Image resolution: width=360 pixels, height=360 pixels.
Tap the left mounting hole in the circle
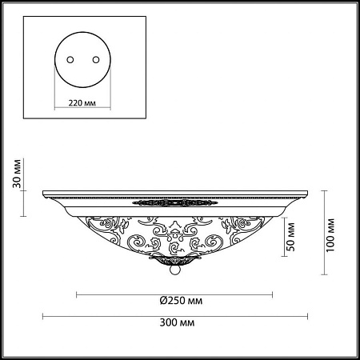tap(70, 61)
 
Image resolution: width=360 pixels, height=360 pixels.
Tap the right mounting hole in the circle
tap(97, 61)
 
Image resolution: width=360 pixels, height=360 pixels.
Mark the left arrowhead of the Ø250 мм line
tap(78, 294)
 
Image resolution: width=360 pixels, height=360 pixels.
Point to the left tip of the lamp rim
tap(45, 193)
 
